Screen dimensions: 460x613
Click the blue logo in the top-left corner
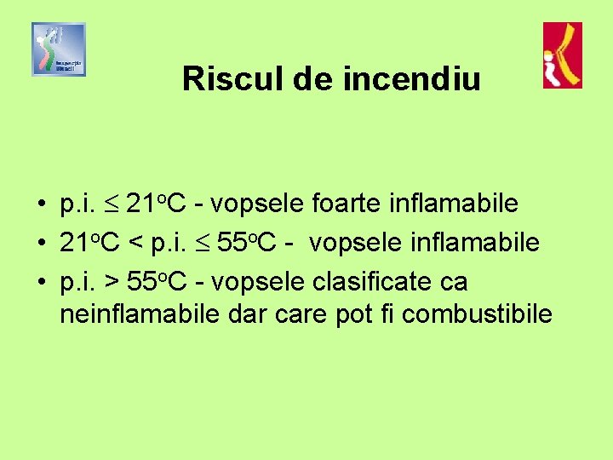(59, 49)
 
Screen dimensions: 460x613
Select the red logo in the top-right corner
(563, 55)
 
